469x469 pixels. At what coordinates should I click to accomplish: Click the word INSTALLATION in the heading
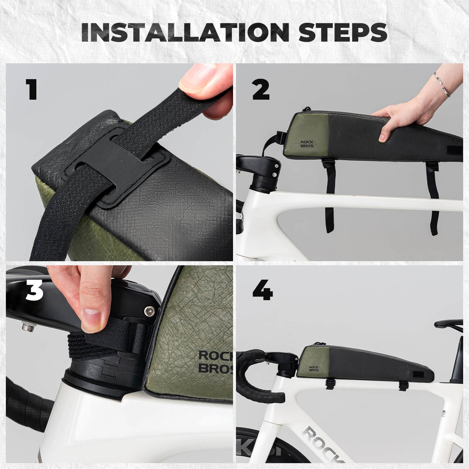point(185,32)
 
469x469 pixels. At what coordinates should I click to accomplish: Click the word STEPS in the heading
point(343,32)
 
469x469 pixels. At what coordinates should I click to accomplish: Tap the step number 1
point(31,89)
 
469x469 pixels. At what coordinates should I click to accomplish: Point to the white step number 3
point(34,290)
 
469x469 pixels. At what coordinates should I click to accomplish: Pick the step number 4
point(263,290)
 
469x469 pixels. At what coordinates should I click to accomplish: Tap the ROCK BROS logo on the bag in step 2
point(307,144)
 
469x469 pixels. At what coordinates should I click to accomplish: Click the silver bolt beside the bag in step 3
point(149,311)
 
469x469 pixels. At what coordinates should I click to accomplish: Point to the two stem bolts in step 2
point(276,170)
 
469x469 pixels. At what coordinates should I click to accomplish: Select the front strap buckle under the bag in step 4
point(330,383)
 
